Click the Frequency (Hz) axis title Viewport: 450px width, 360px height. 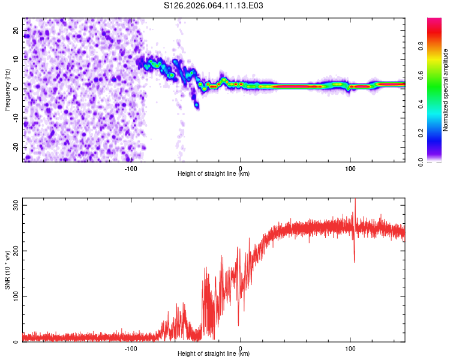pyautogui.click(x=7, y=89)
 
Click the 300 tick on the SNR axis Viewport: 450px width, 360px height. pyautogui.click(x=14, y=205)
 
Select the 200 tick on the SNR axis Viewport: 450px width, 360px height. pyautogui.click(x=14, y=251)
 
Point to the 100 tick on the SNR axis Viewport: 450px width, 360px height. pyautogui.click(x=14, y=296)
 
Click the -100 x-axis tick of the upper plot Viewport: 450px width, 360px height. pyautogui.click(x=131, y=169)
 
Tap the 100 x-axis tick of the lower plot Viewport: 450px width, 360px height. pyautogui.click(x=350, y=349)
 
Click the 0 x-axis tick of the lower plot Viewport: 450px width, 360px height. pyautogui.click(x=241, y=349)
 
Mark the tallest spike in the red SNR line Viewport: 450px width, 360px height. pyautogui.click(x=355, y=200)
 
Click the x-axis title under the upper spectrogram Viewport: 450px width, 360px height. pyautogui.click(x=214, y=174)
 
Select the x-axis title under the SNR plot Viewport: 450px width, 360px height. pyautogui.click(x=214, y=354)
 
